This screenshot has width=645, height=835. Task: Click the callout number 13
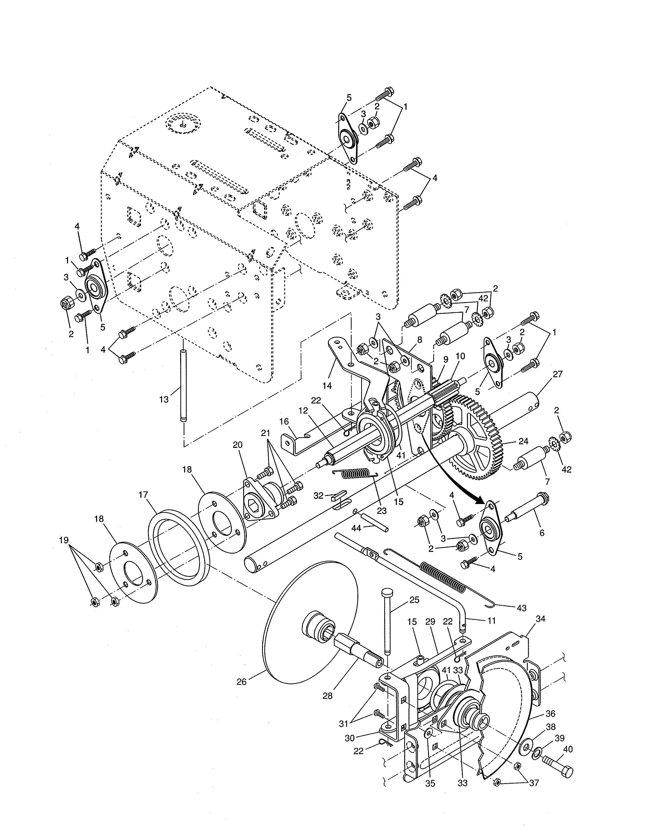[x=164, y=400]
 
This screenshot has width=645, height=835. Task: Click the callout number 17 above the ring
[x=143, y=495]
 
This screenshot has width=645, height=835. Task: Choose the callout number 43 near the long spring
[x=521, y=608]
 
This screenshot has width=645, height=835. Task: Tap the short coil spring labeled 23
[x=355, y=474]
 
